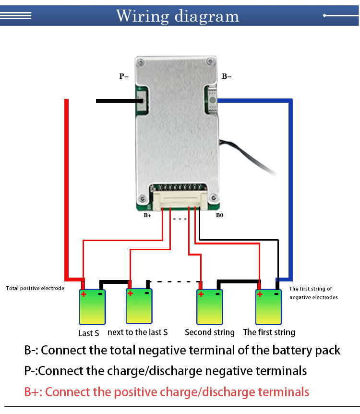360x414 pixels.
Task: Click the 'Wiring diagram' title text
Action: tap(178, 16)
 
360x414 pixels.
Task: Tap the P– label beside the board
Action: tap(124, 76)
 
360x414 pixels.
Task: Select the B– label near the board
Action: tap(227, 76)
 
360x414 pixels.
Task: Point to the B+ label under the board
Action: tap(147, 216)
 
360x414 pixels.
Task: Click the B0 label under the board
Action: tap(219, 215)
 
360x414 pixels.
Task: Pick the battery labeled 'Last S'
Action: tap(92, 307)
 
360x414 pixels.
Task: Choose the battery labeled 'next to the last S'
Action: tap(139, 306)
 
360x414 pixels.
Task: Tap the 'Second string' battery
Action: tap(210, 307)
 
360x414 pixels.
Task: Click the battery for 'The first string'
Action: tap(269, 307)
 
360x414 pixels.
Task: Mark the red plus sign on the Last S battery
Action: tap(84, 294)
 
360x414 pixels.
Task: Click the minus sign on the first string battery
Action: tap(276, 294)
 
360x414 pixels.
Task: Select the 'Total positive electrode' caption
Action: tap(35, 288)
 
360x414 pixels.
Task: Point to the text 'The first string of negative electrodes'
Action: tap(313, 293)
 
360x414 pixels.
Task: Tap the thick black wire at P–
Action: tap(120, 101)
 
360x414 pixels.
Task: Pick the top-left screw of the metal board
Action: tap(141, 63)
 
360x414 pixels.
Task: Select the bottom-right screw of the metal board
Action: tap(214, 197)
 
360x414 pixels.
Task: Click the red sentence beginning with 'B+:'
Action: tap(167, 392)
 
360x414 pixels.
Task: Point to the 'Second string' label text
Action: tap(210, 332)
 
